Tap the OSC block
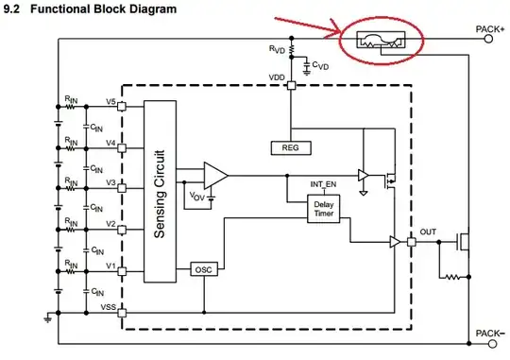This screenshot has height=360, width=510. coord(203,269)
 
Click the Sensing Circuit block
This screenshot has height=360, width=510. coord(161,192)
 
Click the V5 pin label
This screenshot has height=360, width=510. coord(110,101)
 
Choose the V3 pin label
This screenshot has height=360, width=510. coord(110,183)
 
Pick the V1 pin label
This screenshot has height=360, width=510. coord(110,266)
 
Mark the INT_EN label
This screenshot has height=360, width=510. coord(323,183)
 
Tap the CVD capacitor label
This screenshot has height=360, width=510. coord(321,66)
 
